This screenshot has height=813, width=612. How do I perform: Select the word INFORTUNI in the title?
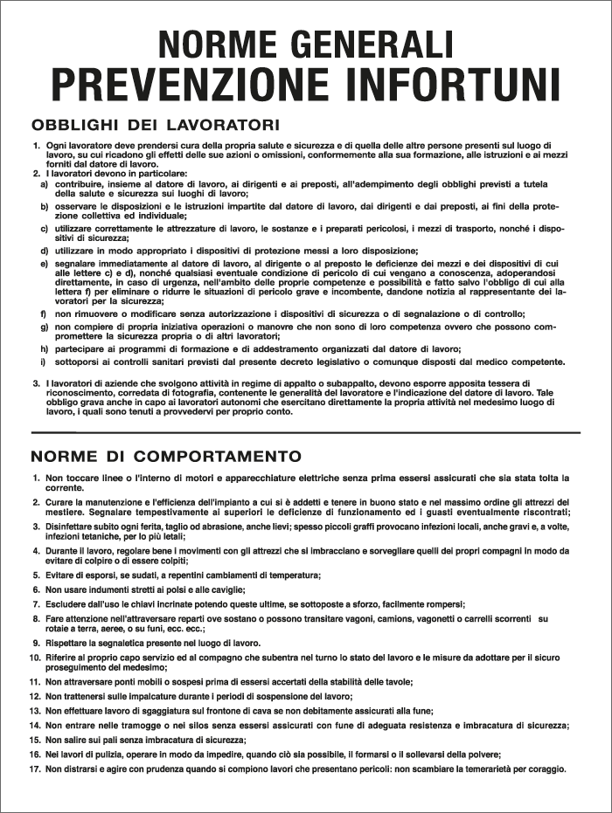click(453, 85)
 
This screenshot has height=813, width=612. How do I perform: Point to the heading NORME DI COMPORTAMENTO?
click(166, 456)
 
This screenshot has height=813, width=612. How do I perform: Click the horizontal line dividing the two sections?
click(306, 432)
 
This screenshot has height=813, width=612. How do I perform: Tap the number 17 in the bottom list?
click(35, 769)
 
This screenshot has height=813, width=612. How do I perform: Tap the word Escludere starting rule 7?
click(68, 604)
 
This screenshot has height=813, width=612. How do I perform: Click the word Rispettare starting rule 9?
click(70, 643)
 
